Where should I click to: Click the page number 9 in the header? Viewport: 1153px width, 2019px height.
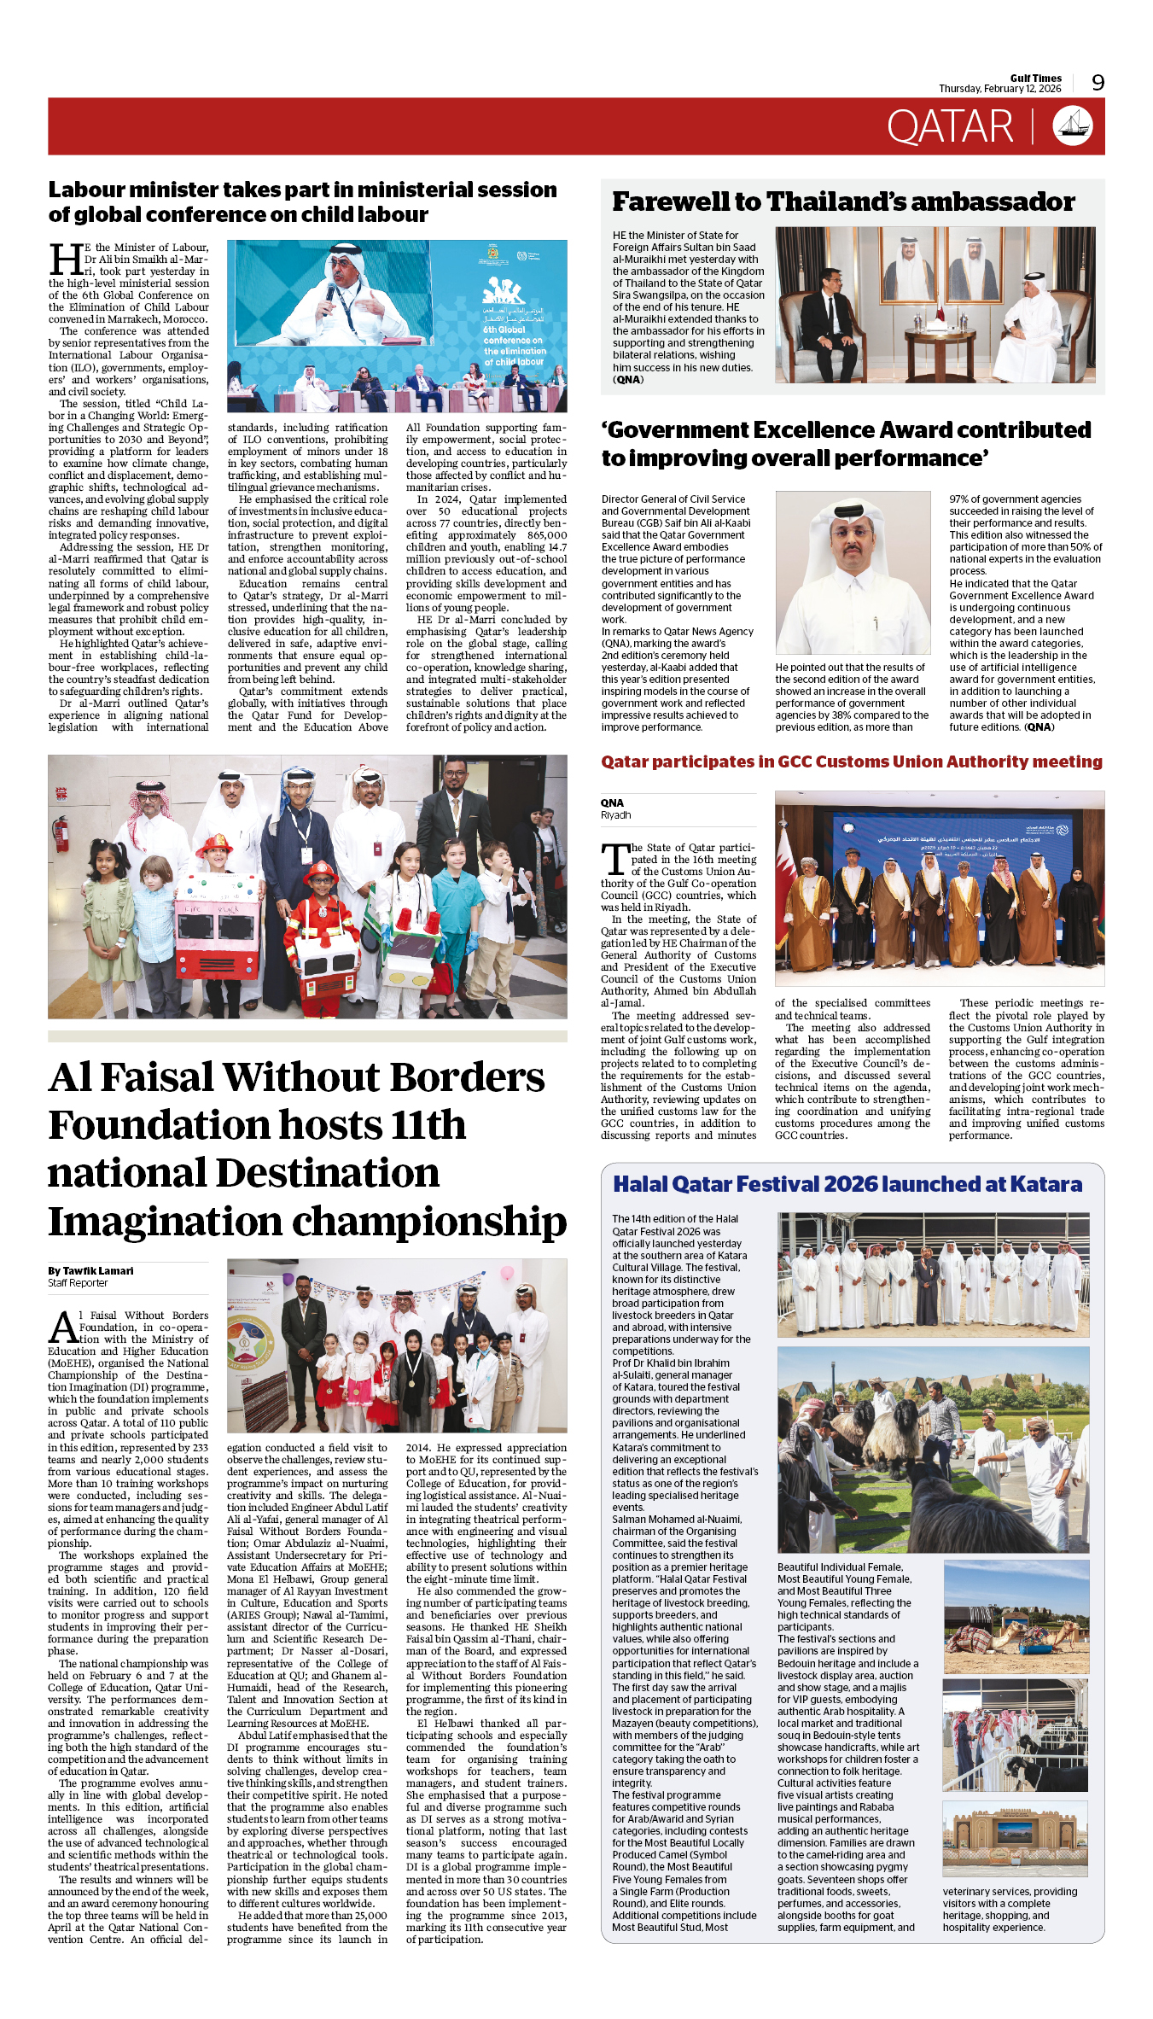1098,82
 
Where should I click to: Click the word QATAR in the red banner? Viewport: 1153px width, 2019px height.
949,127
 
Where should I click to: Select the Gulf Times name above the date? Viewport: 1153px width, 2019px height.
1035,78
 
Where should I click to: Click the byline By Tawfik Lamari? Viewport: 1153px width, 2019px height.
90,1270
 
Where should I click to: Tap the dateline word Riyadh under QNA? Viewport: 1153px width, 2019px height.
615,815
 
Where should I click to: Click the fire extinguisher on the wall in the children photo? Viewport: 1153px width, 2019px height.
60,833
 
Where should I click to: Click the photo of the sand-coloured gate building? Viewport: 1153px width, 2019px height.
1015,1840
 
